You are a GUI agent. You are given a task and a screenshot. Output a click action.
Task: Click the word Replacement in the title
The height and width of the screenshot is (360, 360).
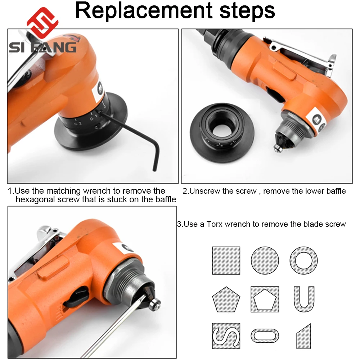(x=144, y=10)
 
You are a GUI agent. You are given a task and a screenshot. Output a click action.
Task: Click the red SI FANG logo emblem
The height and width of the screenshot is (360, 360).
(x=42, y=22)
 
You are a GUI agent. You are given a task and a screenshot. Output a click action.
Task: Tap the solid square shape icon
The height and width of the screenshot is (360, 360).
(x=226, y=261)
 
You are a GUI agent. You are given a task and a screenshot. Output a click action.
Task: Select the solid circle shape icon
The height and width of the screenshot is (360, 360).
(x=265, y=261)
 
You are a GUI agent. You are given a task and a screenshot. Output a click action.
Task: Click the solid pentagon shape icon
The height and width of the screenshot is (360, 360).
(x=226, y=300)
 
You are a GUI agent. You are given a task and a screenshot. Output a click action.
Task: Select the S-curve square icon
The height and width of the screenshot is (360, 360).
(x=226, y=336)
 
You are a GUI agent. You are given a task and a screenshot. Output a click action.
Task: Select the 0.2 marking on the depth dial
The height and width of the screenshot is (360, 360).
(x=78, y=123)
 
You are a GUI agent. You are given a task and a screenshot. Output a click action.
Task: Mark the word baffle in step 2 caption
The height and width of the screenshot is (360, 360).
(x=335, y=191)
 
